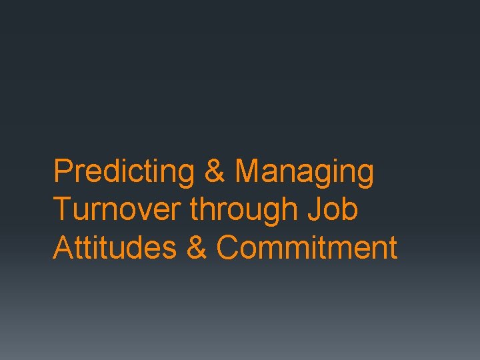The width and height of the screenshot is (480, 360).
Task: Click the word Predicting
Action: pos(124,172)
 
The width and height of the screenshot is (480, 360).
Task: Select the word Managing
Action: pos(304,172)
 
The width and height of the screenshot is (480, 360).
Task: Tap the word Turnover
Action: pos(117,209)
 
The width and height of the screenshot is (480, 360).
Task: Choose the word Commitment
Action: pos(307,247)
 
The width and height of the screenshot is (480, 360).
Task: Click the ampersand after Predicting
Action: pos(215,171)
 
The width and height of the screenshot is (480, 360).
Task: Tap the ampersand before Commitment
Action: pos(197,247)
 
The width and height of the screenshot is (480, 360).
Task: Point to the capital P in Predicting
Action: pos(62,171)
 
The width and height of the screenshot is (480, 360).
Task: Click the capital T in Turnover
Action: pos(62,209)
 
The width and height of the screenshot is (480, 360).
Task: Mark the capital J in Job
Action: pos(313,209)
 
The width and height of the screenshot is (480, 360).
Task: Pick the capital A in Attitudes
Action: pos(62,247)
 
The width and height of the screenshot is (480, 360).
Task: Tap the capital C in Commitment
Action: pos(227,247)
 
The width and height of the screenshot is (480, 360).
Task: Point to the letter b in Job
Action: pos(350,209)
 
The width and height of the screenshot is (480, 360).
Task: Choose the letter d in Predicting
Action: pos(102,171)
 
